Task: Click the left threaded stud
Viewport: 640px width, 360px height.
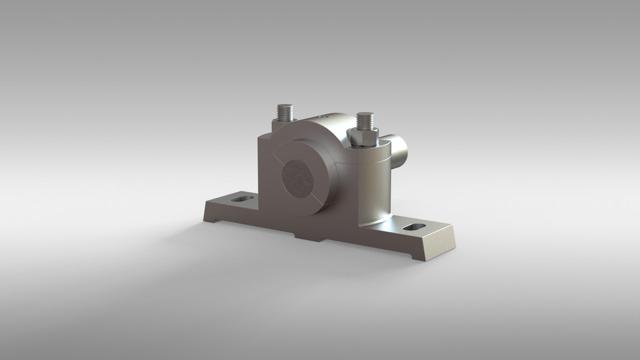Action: coord(285,112)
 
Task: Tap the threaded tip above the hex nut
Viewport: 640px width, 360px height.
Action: coord(363,121)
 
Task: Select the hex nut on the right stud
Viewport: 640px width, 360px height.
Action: coord(363,137)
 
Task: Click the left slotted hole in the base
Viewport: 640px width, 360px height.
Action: coord(243,199)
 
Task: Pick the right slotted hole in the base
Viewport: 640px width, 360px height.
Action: coord(414,227)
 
